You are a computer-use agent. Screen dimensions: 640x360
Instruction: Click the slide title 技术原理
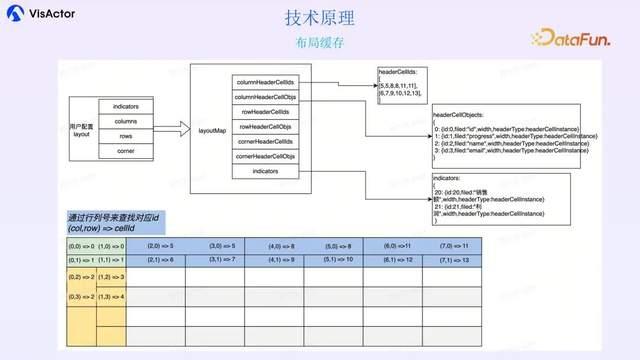[320, 19]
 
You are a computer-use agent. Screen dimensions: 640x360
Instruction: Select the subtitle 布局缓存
[320, 44]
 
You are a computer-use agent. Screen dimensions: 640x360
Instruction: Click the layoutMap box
[212, 129]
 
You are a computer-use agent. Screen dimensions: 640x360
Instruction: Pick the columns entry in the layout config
[126, 120]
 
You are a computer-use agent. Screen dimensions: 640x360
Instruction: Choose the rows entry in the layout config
[126, 136]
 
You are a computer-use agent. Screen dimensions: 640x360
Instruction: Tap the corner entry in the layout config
[126, 152]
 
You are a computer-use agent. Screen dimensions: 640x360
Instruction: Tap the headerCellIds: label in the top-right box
[400, 73]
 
